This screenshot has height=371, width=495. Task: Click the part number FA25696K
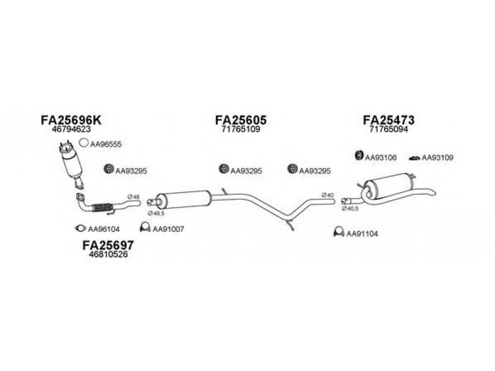click(x=71, y=120)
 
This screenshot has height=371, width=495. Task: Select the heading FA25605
click(x=241, y=120)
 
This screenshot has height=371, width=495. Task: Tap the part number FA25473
click(x=389, y=120)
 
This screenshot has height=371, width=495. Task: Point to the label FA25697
click(x=108, y=245)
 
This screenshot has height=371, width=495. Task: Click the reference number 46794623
click(x=71, y=129)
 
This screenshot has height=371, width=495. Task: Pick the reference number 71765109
click(x=241, y=129)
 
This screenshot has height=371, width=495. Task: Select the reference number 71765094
click(x=389, y=129)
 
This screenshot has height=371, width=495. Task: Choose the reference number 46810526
click(x=108, y=254)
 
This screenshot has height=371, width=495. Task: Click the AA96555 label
click(x=106, y=144)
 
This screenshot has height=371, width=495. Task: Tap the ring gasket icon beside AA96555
click(x=84, y=143)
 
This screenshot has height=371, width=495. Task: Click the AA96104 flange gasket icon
click(x=80, y=228)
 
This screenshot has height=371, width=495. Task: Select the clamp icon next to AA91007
click(x=145, y=227)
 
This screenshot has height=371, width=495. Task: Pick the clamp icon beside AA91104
click(x=338, y=232)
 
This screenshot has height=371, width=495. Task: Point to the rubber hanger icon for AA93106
click(x=359, y=156)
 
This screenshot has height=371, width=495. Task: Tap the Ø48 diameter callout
click(x=133, y=197)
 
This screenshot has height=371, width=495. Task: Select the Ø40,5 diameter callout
click(x=350, y=208)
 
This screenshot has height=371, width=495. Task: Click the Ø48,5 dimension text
click(x=156, y=213)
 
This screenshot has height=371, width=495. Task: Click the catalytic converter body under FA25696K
click(x=72, y=164)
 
